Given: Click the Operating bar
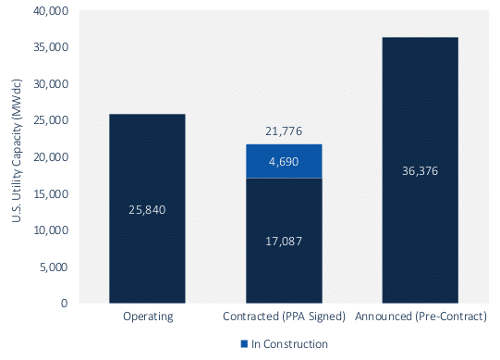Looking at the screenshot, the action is [x=147, y=208].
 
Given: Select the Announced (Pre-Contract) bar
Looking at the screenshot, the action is [x=420, y=170].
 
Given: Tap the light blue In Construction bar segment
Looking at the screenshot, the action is [x=284, y=161].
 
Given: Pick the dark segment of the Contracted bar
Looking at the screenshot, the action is [x=284, y=241].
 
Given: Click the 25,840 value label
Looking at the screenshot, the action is [x=147, y=210].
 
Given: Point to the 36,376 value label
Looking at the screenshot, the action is [x=420, y=171].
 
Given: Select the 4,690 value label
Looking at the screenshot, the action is [x=284, y=162].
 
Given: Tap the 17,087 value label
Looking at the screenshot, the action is [x=284, y=241].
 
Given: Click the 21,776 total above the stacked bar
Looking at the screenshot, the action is [x=284, y=131].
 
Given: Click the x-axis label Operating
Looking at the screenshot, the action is [x=148, y=316].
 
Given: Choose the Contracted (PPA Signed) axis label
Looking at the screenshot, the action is [x=284, y=316].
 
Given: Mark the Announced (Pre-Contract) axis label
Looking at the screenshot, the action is [x=421, y=316].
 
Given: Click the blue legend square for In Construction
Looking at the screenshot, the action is [x=244, y=344].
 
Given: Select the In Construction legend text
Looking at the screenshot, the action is [x=289, y=344].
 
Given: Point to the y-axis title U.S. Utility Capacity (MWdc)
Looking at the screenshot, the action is [x=16, y=151].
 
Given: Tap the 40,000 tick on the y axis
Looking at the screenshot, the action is [x=51, y=11].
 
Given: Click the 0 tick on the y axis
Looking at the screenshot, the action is [x=64, y=303].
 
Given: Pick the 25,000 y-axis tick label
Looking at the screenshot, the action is [x=51, y=120].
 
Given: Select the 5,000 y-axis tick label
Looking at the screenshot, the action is [x=54, y=267].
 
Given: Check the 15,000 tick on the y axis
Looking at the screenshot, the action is [x=51, y=194].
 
